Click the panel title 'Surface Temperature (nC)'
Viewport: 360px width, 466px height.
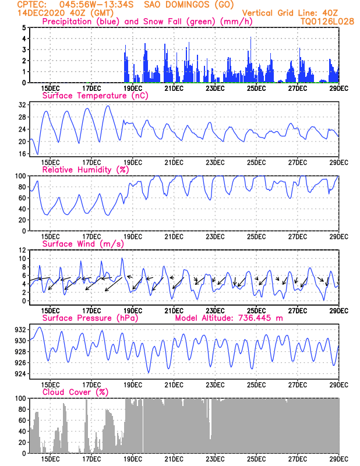(95, 96)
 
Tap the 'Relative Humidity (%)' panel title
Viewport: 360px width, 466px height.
(86, 170)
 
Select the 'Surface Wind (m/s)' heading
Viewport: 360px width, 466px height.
(83, 244)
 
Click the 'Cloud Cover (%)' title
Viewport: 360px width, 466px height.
(75, 392)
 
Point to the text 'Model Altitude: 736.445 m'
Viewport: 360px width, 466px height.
(228, 318)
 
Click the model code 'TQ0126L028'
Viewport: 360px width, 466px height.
(327, 22)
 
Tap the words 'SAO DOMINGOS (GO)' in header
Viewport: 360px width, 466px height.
(189, 5)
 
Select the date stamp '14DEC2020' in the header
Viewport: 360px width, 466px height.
(41, 13)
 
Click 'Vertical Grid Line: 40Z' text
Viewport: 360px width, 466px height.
(290, 13)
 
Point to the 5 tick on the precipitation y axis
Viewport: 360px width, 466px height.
(24, 27)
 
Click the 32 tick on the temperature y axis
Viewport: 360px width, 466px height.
(22, 105)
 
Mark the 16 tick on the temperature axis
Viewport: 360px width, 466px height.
(22, 154)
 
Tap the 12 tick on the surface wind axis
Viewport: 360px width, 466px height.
(22, 250)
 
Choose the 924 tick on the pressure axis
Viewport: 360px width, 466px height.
(20, 373)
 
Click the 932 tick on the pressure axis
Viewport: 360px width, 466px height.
(20, 330)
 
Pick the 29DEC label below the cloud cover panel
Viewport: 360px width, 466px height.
(339, 459)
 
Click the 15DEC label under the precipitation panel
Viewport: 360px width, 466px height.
(50, 89)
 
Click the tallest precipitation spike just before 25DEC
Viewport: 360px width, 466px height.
(251, 37)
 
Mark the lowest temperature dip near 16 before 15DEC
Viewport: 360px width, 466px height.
(37, 154)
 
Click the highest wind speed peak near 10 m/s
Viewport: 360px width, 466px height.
(122, 258)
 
